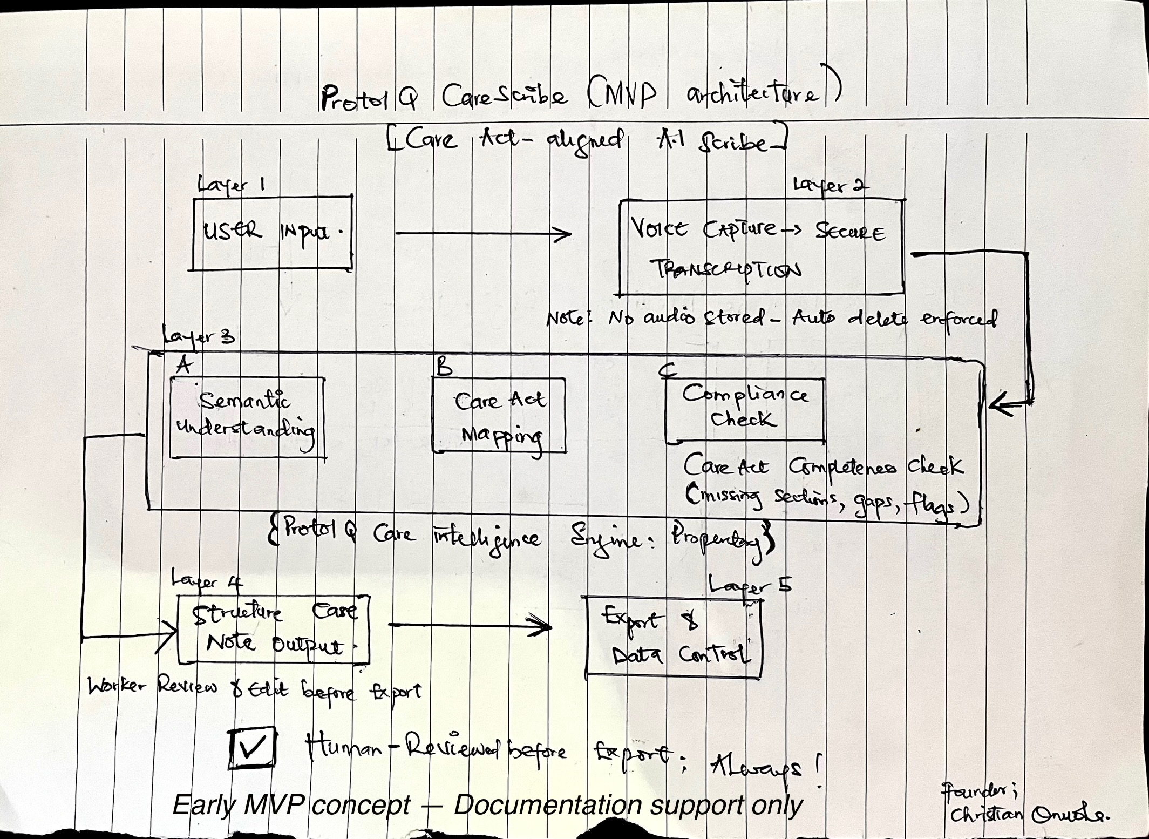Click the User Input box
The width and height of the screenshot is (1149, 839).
point(273,233)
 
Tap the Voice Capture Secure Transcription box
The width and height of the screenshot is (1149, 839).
point(761,247)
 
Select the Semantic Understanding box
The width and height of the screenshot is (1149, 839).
point(247,417)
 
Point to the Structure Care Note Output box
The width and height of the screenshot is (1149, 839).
point(274,630)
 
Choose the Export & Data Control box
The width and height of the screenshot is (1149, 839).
point(674,637)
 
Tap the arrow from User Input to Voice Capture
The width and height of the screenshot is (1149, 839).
point(483,234)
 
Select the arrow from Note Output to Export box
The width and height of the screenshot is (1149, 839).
point(470,625)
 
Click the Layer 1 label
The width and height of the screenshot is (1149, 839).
point(231,185)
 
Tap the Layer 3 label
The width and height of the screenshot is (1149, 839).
point(199,337)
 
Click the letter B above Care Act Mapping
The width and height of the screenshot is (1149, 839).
point(444,367)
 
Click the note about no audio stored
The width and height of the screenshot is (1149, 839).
point(772,319)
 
